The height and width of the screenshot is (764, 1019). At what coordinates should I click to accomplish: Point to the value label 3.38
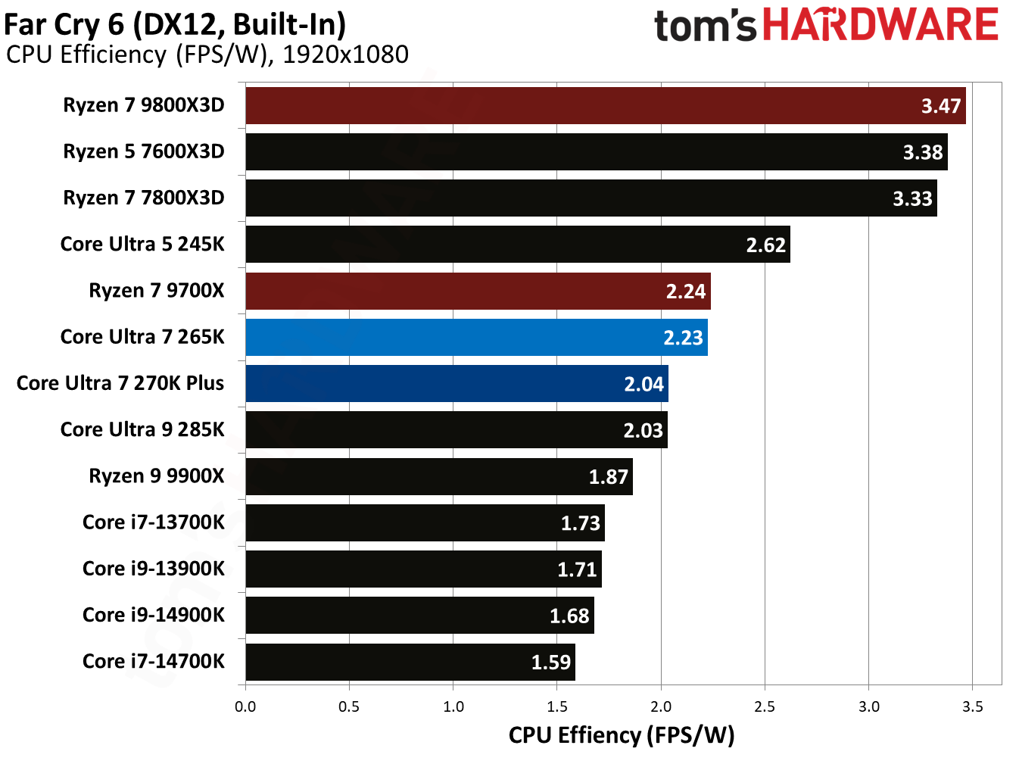(922, 153)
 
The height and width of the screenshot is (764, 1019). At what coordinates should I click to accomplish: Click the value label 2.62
(765, 245)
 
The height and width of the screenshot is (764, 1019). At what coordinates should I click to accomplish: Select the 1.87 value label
(608, 477)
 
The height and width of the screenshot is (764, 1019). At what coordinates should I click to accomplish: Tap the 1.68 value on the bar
(569, 616)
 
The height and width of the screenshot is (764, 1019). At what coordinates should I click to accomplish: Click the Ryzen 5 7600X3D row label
(144, 152)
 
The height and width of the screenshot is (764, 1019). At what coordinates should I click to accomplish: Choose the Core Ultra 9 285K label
(142, 430)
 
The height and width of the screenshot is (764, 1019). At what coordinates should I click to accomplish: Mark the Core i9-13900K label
(154, 569)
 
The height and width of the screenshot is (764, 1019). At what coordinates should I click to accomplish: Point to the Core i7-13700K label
(154, 522)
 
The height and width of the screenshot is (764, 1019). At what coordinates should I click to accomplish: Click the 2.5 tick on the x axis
(765, 707)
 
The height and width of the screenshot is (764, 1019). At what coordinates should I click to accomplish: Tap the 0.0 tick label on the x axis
(245, 707)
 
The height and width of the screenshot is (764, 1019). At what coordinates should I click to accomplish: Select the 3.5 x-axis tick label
(972, 707)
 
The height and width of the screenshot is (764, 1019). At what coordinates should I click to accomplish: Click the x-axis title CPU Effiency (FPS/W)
(621, 735)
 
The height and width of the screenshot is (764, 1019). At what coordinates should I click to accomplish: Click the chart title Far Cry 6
(174, 25)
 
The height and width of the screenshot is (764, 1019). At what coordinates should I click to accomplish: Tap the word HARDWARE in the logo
(880, 25)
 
